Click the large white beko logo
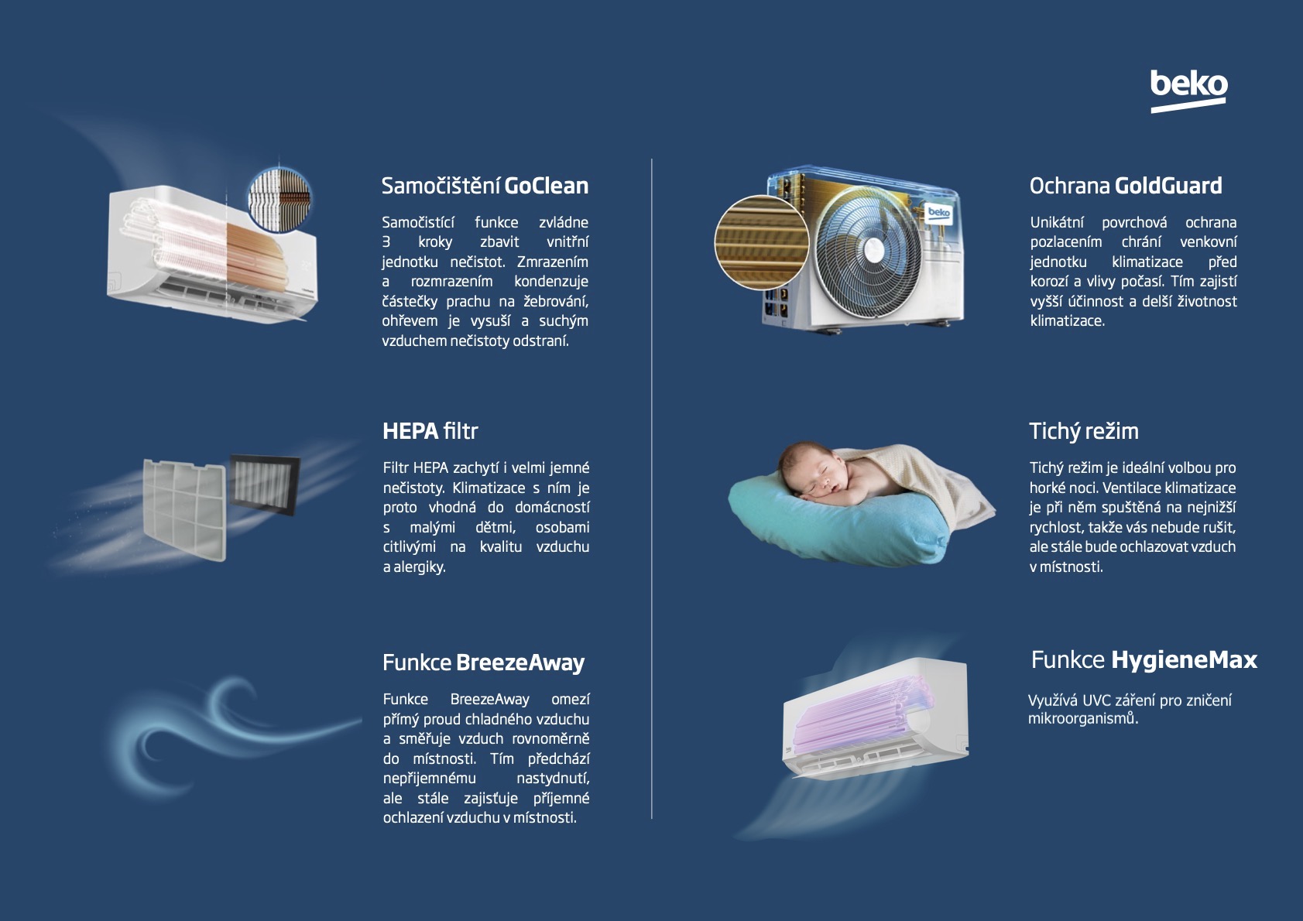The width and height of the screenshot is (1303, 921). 1188,91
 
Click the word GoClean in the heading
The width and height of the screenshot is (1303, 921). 547,186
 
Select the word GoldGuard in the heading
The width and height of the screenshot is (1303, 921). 1168,186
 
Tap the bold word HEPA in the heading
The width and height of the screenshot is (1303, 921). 410,431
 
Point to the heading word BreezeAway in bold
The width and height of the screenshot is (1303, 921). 520,663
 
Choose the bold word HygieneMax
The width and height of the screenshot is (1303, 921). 1185,660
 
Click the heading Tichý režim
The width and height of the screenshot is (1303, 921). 1084,431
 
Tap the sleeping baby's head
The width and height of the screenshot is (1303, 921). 806,469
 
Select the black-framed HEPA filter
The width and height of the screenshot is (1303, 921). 265,484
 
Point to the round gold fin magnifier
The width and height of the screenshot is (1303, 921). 762,242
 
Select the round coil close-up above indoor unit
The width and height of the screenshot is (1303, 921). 279,199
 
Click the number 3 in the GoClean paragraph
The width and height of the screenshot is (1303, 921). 386,242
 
